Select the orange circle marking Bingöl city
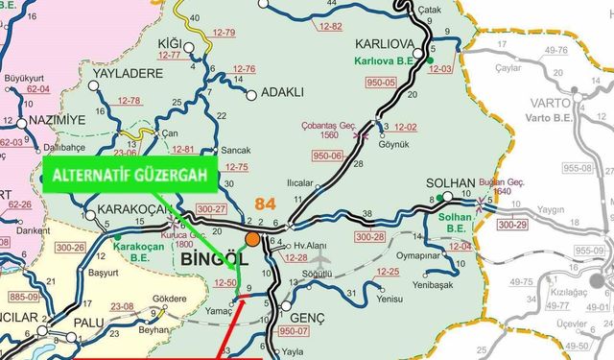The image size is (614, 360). [x=251, y=239]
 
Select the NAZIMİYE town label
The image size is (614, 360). [x=55, y=119]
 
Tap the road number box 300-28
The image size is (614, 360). [x=368, y=236]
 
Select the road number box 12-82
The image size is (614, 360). [x=329, y=26]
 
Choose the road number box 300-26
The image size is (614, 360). [x=70, y=248]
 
